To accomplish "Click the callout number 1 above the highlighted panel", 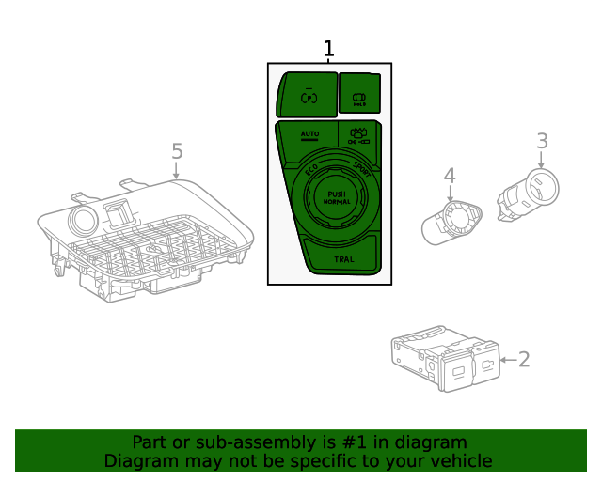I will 328,49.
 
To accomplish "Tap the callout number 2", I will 524,359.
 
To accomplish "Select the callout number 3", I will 542,142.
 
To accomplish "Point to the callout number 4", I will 450,175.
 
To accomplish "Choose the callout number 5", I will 177,151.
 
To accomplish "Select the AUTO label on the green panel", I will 310,135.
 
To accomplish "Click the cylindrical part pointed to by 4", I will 451,222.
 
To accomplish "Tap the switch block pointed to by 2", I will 443,360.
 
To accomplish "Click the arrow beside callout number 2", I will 507,360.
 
